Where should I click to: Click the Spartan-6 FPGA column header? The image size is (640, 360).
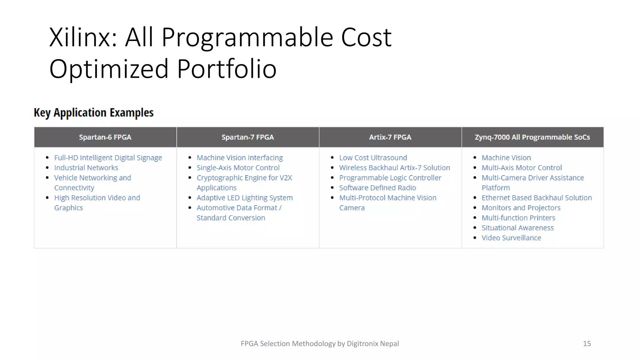(x=105, y=137)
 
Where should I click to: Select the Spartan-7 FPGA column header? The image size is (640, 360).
(x=247, y=137)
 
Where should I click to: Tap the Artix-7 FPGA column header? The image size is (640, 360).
(x=390, y=137)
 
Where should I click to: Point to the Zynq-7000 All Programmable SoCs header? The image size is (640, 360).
(x=532, y=137)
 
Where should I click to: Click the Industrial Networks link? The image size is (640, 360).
(x=86, y=168)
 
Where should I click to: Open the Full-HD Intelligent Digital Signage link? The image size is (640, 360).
(x=108, y=158)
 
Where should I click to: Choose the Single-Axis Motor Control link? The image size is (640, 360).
(x=238, y=168)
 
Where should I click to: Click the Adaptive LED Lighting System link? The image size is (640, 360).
(x=244, y=198)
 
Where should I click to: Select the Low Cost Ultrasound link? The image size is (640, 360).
(x=373, y=158)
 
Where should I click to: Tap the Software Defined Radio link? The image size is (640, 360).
(x=377, y=188)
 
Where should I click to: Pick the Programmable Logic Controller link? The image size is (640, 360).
(x=390, y=178)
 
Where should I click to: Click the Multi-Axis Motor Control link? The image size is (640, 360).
(x=522, y=168)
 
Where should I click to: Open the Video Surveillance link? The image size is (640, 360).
(x=511, y=238)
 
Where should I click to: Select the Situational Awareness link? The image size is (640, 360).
(x=517, y=228)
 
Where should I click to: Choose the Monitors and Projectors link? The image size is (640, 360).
(x=521, y=208)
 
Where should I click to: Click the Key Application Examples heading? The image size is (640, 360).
(x=93, y=112)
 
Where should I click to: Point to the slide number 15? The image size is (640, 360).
(x=587, y=344)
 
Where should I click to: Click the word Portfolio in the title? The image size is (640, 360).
(x=227, y=69)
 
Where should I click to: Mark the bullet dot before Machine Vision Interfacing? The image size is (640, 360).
(x=190, y=158)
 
